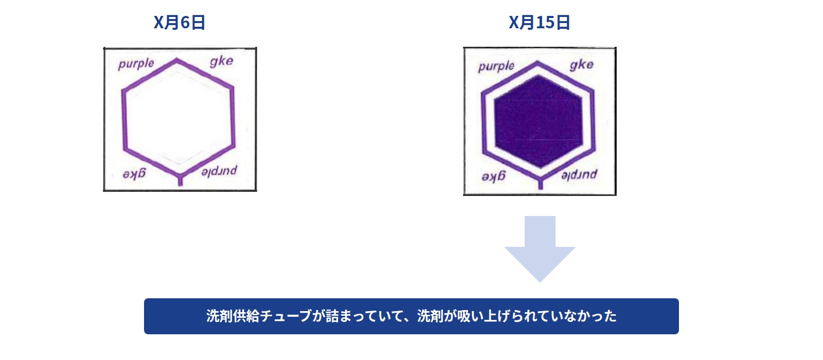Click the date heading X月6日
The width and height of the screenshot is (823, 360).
click(x=180, y=23)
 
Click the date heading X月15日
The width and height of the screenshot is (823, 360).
click(x=540, y=23)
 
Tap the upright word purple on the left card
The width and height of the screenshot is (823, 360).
click(x=136, y=64)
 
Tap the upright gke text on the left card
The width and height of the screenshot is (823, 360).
click(x=222, y=61)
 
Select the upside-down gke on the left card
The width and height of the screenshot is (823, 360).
click(x=134, y=173)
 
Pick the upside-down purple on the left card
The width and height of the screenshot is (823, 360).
click(x=219, y=171)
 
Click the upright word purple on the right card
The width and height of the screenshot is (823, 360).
click(x=496, y=67)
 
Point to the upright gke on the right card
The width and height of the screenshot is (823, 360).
click(x=582, y=65)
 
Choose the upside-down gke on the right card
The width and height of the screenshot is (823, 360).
click(x=494, y=177)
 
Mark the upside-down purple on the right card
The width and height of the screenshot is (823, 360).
click(x=579, y=174)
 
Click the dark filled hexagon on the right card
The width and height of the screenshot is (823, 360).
click(x=539, y=121)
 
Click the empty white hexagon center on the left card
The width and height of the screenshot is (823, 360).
click(x=178, y=118)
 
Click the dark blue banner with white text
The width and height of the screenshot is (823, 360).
click(x=411, y=316)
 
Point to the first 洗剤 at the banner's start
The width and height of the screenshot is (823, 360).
click(x=219, y=316)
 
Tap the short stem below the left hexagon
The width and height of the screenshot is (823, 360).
click(x=180, y=181)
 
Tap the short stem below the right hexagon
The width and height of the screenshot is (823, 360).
click(x=541, y=184)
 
